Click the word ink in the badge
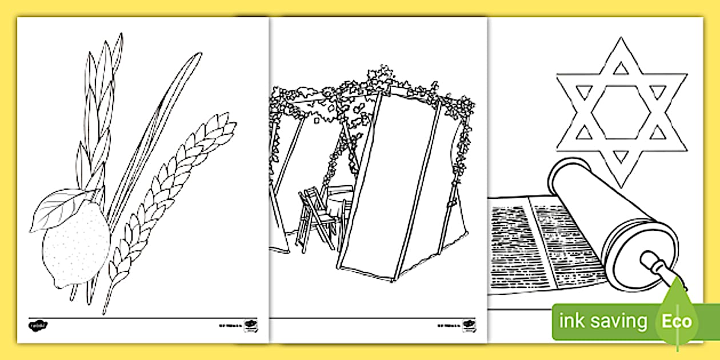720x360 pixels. point(571,321)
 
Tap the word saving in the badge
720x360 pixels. point(618,322)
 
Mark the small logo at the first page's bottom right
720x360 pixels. point(249,325)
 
